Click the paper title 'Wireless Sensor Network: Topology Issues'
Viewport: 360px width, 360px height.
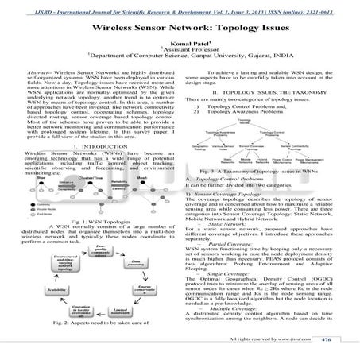(x=180, y=27)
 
